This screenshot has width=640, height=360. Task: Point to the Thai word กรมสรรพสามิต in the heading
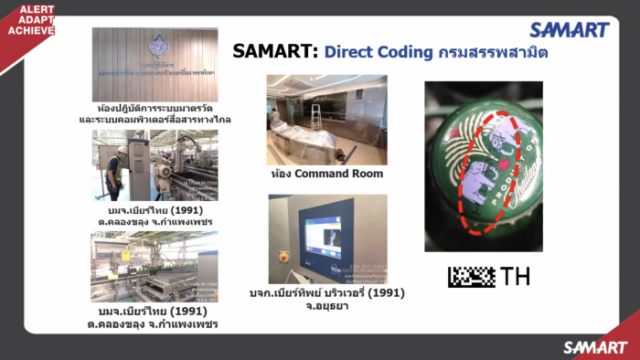point(497,51)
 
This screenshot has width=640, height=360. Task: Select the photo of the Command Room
point(325,121)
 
